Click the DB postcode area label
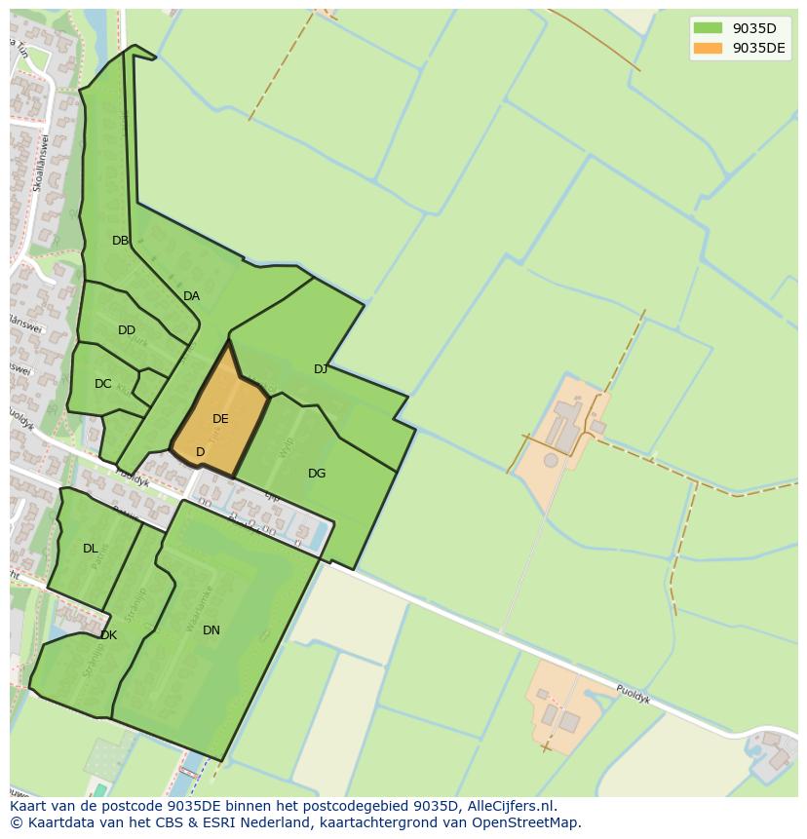click(x=120, y=241)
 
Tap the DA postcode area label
click(x=191, y=296)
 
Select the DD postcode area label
click(x=127, y=330)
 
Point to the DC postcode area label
click(x=102, y=384)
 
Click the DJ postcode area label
click(x=321, y=368)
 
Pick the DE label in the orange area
click(x=220, y=419)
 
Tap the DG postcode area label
click(x=317, y=474)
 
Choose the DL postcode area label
click(x=90, y=549)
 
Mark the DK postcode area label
click(x=108, y=635)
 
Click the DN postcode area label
click(x=211, y=630)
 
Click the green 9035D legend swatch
click(x=708, y=28)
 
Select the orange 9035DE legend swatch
click(x=708, y=49)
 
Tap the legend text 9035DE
click(x=758, y=49)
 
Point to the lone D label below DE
click(x=200, y=452)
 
